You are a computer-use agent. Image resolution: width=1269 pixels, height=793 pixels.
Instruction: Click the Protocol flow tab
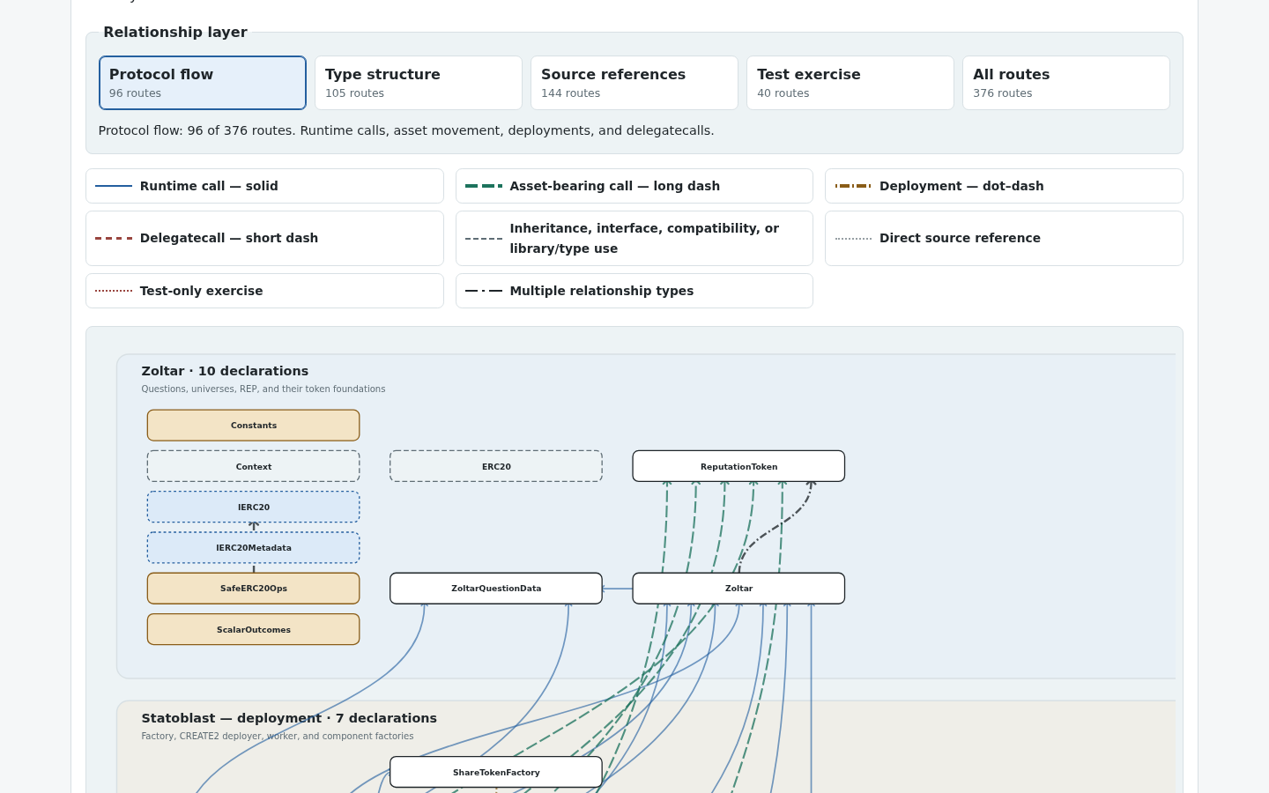pyautogui.click(x=203, y=83)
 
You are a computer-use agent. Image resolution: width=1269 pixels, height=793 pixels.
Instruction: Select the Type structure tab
pyautogui.click(x=418, y=83)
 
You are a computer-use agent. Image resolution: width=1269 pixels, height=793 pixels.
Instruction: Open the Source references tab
pyautogui.click(x=634, y=83)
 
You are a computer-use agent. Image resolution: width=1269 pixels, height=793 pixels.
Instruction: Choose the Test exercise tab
pyautogui.click(x=850, y=83)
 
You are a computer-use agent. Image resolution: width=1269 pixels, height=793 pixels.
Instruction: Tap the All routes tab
pyautogui.click(x=1065, y=83)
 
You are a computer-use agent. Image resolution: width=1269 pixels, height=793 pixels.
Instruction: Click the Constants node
pyautogui.click(x=253, y=426)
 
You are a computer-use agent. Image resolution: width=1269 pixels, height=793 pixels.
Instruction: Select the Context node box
pyautogui.click(x=253, y=466)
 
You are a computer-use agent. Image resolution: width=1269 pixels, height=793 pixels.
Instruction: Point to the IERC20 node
pyautogui.click(x=253, y=507)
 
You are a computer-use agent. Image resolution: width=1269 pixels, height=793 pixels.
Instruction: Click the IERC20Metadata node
pyautogui.click(x=253, y=548)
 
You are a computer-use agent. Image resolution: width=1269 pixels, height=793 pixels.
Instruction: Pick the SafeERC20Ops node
pyautogui.click(x=253, y=589)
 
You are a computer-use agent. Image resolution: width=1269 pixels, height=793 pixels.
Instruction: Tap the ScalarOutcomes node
pyautogui.click(x=253, y=629)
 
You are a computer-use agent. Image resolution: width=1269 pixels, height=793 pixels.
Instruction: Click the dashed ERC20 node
pyautogui.click(x=495, y=466)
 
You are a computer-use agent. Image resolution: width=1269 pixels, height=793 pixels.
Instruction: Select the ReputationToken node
pyautogui.click(x=738, y=466)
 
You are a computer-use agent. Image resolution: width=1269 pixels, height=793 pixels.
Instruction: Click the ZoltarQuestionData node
pyautogui.click(x=495, y=589)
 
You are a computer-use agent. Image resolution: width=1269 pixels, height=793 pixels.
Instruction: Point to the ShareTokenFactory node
pyautogui.click(x=495, y=772)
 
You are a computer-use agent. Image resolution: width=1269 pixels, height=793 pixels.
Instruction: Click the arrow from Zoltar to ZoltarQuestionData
pyautogui.click(x=617, y=589)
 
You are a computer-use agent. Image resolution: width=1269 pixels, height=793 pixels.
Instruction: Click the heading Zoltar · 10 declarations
pyautogui.click(x=225, y=371)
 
